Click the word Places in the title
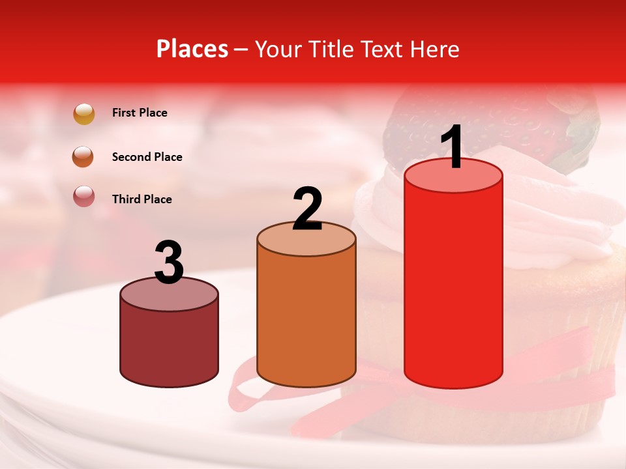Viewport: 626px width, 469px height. click(x=192, y=49)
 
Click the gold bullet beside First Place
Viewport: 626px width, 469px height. click(x=84, y=113)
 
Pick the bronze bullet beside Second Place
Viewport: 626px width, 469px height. click(x=84, y=157)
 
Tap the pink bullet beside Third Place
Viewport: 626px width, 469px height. click(x=84, y=196)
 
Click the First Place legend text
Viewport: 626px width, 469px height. click(x=140, y=113)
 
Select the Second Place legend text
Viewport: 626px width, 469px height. click(x=147, y=157)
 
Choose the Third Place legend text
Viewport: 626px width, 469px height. click(x=142, y=199)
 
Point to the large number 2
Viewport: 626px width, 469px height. click(x=307, y=208)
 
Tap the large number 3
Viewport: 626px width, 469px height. click(x=169, y=263)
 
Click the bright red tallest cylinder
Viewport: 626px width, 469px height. click(x=453, y=287)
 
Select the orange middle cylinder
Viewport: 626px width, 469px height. click(x=306, y=319)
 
